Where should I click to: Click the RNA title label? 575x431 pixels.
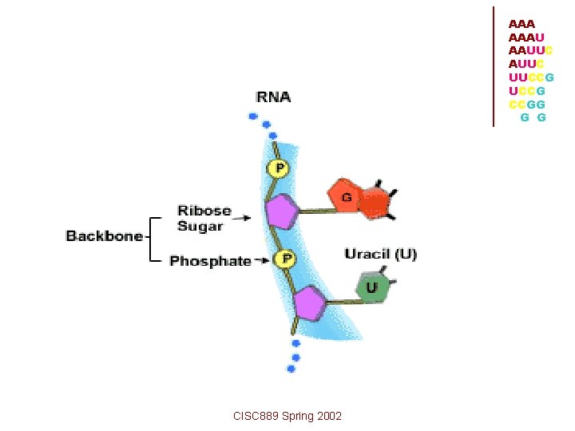tap(273, 97)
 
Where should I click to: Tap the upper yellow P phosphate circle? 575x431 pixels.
tap(280, 168)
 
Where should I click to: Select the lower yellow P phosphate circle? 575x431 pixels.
tap(285, 259)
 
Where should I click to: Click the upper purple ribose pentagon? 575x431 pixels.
tap(281, 212)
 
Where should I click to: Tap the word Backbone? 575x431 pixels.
tap(104, 236)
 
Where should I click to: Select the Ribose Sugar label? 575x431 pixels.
tap(204, 219)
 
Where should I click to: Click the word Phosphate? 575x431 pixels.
tap(210, 261)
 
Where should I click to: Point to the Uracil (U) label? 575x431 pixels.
tap(380, 255)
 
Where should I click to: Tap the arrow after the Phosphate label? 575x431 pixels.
tap(264, 260)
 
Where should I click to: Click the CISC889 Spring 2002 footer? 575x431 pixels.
tap(287, 416)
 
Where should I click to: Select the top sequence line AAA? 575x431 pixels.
tap(521, 25)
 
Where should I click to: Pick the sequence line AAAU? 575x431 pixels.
tap(526, 38)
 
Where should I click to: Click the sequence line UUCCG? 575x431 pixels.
tap(531, 77)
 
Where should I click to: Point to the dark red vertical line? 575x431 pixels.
tap(494, 66)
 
